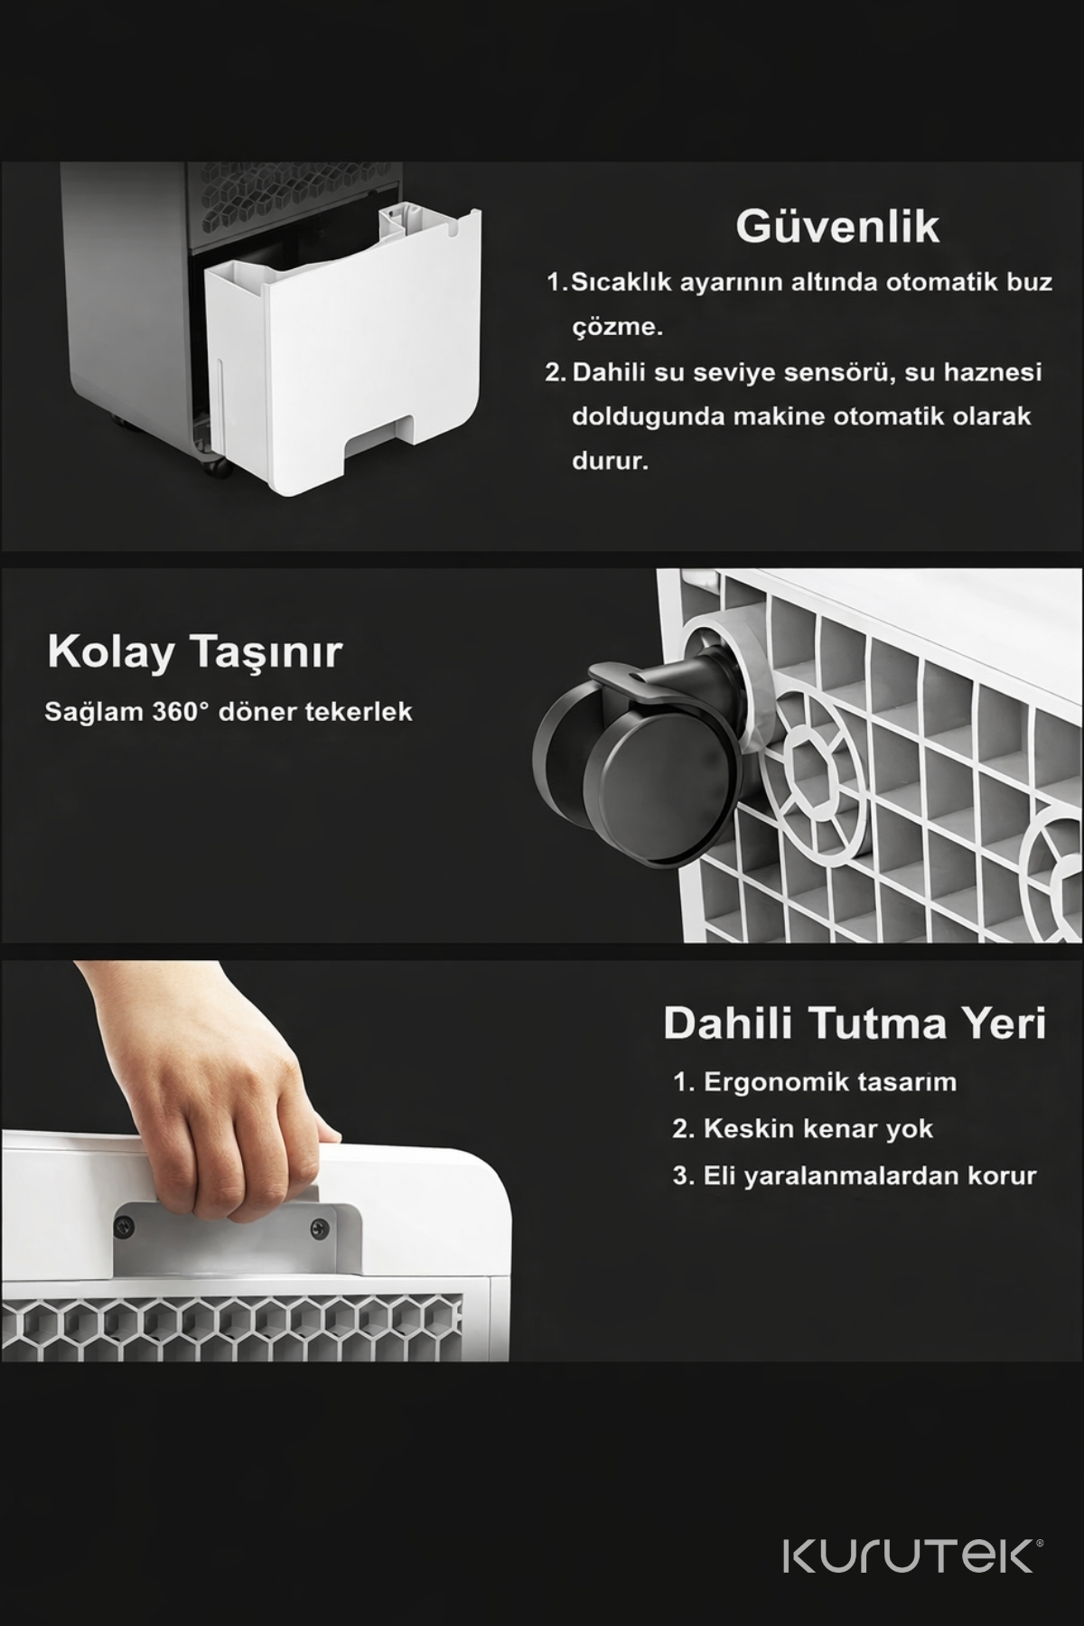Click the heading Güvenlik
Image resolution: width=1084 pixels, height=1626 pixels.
click(837, 227)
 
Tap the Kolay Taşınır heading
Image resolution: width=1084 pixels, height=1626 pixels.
click(194, 652)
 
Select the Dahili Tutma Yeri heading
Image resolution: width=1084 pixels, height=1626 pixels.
click(855, 1023)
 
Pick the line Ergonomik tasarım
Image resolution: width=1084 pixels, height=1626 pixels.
click(814, 1082)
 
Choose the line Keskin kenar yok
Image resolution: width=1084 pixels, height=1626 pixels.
click(802, 1129)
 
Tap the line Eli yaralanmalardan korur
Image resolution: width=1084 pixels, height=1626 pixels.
click(854, 1176)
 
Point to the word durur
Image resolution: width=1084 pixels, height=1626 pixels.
click(611, 462)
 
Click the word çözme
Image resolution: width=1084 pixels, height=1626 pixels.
click(618, 328)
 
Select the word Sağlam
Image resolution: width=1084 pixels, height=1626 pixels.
click(94, 713)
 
